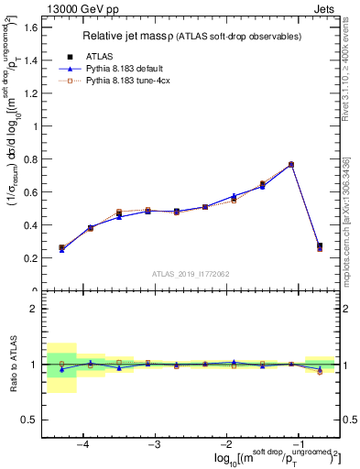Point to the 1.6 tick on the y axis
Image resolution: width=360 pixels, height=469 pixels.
coord(28,28)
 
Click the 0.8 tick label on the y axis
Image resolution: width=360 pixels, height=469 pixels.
coord(28,159)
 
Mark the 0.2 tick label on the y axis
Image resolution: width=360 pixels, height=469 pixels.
coord(28,258)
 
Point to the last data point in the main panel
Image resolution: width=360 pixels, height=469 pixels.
coord(320,246)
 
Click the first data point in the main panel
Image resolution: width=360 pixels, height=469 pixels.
coord(61,248)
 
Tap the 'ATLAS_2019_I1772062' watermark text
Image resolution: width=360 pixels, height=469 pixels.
coord(191,274)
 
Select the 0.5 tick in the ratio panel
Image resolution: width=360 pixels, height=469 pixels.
coord(28,420)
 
